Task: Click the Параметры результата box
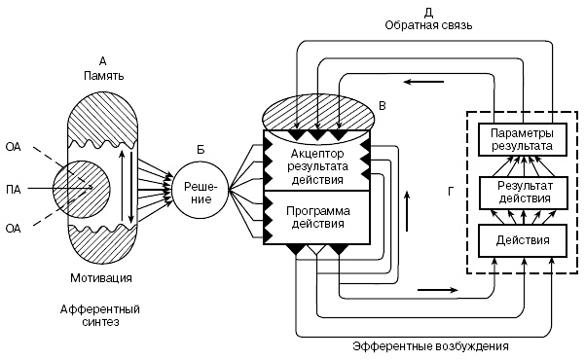coord(522,139)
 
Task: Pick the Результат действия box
coord(522,192)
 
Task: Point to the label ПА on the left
coord(13,188)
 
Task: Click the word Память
coord(103,74)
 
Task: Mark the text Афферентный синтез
coord(89,314)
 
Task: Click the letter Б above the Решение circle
coord(201,149)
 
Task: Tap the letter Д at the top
coord(429,12)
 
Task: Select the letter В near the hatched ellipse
coord(382,103)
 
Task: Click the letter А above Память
coord(103,59)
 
